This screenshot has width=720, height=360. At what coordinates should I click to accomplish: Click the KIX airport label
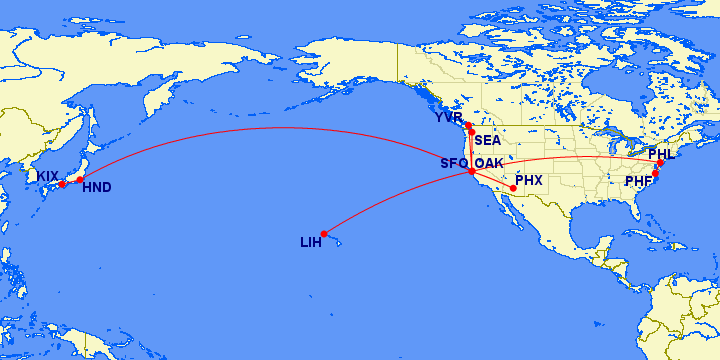(x=48, y=176)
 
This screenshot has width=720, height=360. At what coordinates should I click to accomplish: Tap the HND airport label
(x=97, y=187)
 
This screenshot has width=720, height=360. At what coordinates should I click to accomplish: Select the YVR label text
(x=449, y=117)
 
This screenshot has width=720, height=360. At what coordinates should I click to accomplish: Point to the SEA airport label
(x=488, y=140)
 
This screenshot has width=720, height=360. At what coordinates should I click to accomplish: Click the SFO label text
(x=454, y=163)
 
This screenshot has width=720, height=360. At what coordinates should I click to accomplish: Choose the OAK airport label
(x=489, y=163)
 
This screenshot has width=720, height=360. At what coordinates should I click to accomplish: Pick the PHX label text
(x=528, y=181)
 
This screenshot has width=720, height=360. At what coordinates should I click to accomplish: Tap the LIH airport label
(x=311, y=242)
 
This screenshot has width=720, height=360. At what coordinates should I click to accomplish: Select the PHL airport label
(x=661, y=154)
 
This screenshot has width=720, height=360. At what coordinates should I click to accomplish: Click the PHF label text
(x=638, y=181)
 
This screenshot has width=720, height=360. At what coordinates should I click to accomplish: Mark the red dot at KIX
(x=62, y=184)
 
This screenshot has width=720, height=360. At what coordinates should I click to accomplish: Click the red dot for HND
(x=80, y=180)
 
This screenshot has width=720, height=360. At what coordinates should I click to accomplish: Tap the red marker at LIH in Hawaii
(x=324, y=234)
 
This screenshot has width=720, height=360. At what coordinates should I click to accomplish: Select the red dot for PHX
(x=513, y=188)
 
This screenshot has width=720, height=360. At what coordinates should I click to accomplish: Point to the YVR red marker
(x=468, y=125)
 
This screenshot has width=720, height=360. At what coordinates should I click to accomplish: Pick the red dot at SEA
(x=471, y=132)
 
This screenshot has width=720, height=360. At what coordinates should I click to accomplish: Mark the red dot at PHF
(x=655, y=174)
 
